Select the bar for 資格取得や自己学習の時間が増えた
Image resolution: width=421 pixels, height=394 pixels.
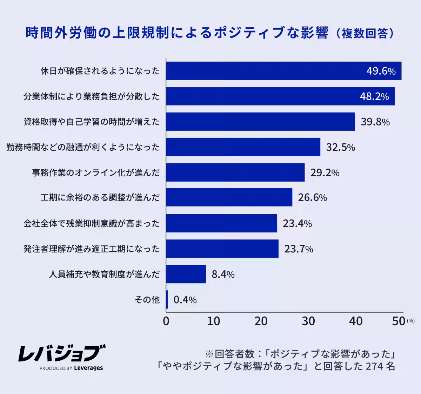260,122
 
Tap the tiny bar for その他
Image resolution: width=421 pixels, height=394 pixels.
167,300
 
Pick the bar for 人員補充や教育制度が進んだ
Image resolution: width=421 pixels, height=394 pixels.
186,274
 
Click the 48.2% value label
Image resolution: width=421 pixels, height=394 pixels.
374,96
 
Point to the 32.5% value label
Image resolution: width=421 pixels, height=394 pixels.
340,147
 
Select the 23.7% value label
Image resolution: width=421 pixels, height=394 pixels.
299,249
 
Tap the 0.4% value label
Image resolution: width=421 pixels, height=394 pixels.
185,300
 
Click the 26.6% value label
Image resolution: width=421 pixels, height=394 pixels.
312,198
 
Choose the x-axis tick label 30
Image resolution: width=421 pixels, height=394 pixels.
308,321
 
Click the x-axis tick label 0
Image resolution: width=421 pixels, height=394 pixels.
166,321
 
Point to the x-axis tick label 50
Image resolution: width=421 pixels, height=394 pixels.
399,321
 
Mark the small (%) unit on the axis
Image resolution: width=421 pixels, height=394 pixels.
410,321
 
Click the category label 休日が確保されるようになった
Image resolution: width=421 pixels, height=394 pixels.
100,71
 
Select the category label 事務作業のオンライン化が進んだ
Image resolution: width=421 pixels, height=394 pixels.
96,172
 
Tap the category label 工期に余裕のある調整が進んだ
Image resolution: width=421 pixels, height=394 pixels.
100,198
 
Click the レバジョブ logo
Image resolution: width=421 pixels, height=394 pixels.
61,353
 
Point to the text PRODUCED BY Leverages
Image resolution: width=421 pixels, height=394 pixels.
71,368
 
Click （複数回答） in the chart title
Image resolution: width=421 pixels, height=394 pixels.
365,33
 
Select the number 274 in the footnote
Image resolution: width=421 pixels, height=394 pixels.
374,366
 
